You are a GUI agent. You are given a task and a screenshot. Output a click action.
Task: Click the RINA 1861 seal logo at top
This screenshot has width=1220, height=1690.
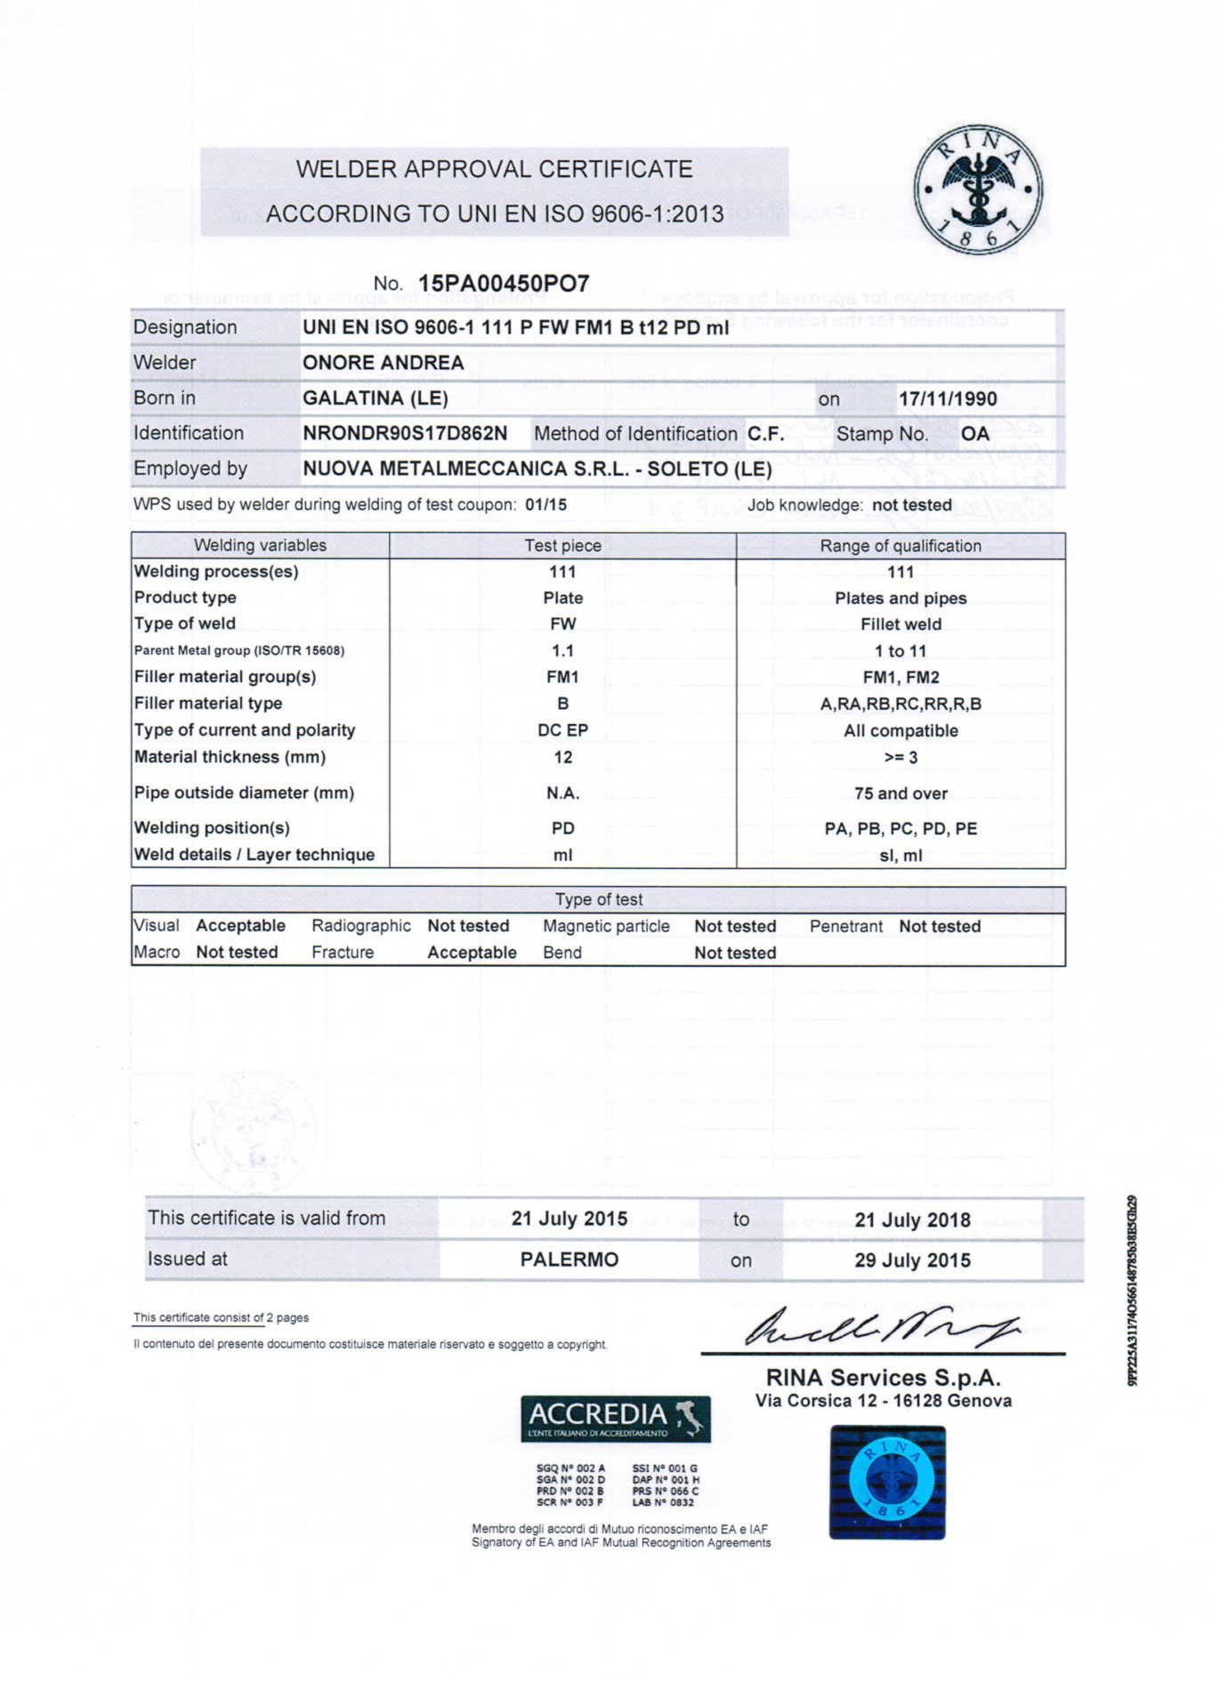[x=977, y=190]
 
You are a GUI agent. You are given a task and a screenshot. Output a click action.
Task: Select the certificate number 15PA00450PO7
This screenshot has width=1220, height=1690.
[x=504, y=284]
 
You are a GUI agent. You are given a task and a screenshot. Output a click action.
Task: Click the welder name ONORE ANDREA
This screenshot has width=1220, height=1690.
[x=383, y=363]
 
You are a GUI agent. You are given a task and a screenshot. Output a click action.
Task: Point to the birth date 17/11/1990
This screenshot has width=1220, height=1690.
[x=948, y=398]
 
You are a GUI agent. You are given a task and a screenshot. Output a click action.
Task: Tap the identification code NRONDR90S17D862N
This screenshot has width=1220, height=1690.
[x=405, y=434]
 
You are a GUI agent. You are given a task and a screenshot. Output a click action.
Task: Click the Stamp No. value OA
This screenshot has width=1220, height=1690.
[x=974, y=434]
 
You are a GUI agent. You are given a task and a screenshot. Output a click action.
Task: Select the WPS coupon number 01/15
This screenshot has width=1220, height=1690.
[x=545, y=505]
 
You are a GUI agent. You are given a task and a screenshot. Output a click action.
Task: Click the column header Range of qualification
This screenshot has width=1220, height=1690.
[x=901, y=546]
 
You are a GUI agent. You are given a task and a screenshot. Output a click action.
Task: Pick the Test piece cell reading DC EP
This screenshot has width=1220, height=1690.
[x=562, y=730]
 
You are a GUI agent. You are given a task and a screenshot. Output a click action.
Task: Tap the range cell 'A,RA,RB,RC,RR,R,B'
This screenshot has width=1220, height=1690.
[x=901, y=704]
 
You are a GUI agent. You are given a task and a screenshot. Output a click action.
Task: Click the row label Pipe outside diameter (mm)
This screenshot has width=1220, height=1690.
[x=244, y=793]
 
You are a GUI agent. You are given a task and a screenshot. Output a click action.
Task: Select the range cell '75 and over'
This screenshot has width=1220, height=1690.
[x=901, y=793]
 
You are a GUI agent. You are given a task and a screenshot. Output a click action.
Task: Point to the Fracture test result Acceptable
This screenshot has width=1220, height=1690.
[x=472, y=953]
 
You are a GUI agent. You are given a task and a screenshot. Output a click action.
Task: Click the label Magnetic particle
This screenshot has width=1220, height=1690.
[x=606, y=926]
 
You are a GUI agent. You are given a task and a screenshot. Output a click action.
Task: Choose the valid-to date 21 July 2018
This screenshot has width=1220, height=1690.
[x=912, y=1220]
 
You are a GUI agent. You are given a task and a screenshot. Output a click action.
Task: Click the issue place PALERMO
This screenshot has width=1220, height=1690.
[x=569, y=1259]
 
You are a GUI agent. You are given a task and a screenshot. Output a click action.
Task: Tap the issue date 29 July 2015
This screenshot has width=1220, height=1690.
[x=912, y=1260]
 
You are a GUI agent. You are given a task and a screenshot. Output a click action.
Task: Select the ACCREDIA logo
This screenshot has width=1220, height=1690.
[x=615, y=1419]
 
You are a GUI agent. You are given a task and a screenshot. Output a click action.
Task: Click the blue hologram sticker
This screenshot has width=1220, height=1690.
[x=887, y=1482]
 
